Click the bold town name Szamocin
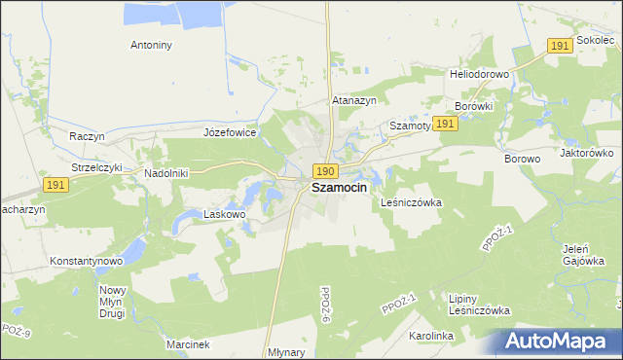[339, 189]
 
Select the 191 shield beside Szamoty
[446, 124]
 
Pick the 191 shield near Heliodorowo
[558, 46]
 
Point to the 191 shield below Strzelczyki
[55, 185]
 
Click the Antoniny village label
[151, 45]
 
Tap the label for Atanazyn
[354, 100]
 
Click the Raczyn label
[87, 136]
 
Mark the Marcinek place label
[187, 344]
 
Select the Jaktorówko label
[585, 153]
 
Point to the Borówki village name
[476, 106]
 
